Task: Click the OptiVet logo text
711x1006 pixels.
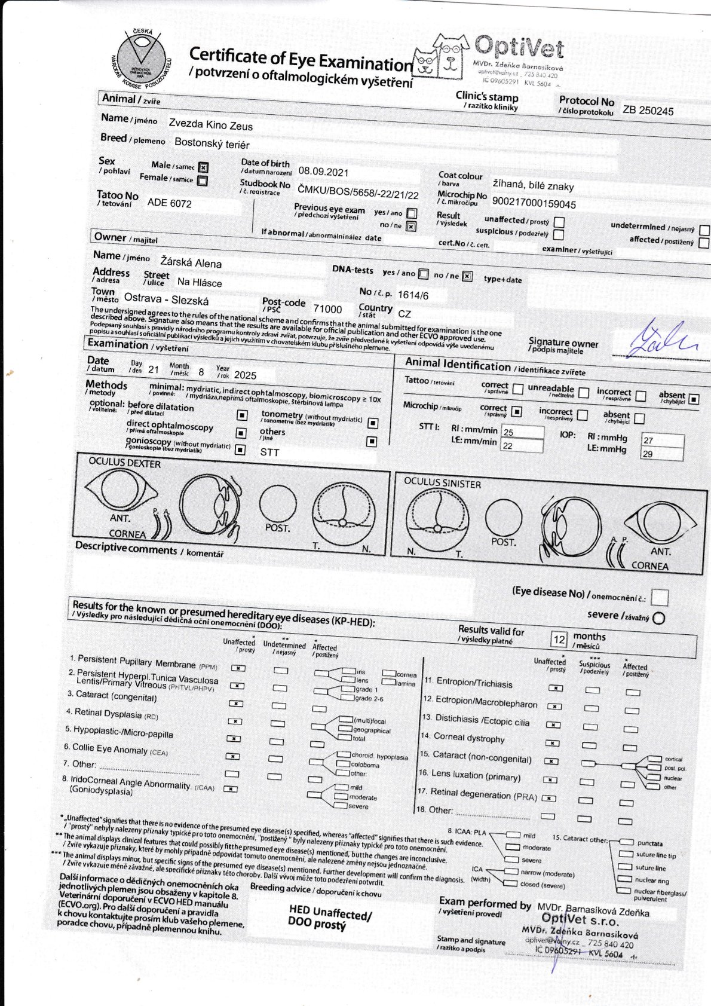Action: pos(519,47)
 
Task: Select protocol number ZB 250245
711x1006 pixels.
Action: pos(648,111)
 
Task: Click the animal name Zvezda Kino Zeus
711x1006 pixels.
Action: pos(210,126)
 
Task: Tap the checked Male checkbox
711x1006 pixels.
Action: pos(203,167)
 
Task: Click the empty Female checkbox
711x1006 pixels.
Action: pos(203,181)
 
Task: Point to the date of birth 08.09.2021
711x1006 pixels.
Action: pos(323,172)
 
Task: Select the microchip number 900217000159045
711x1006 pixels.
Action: pos(534,204)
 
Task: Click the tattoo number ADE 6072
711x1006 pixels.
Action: pos(169,203)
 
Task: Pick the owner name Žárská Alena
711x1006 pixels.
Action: pos(191,262)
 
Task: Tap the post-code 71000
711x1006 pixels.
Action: pos(327,309)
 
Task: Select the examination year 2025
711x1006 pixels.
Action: pos(245,375)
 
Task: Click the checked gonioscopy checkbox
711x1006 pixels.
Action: pos(240,450)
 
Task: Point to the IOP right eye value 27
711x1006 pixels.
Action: pos(648,440)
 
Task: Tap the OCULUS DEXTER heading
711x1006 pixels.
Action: pos(124,463)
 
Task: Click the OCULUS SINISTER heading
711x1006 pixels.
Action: pos(442,483)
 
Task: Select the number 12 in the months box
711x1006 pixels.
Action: pos(559,640)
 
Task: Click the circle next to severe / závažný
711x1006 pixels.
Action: pos(658,618)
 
